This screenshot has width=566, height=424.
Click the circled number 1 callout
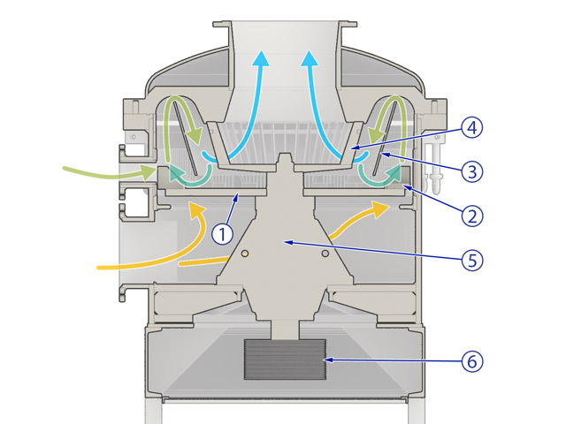click(x=222, y=233)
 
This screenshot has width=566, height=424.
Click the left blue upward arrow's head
click(x=262, y=58)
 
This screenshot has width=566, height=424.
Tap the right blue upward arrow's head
click(x=310, y=58)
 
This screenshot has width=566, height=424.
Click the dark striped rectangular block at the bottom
click(x=285, y=361)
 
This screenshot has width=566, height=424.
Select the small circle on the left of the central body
click(x=243, y=254)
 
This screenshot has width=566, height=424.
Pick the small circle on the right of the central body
click(x=326, y=254)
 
